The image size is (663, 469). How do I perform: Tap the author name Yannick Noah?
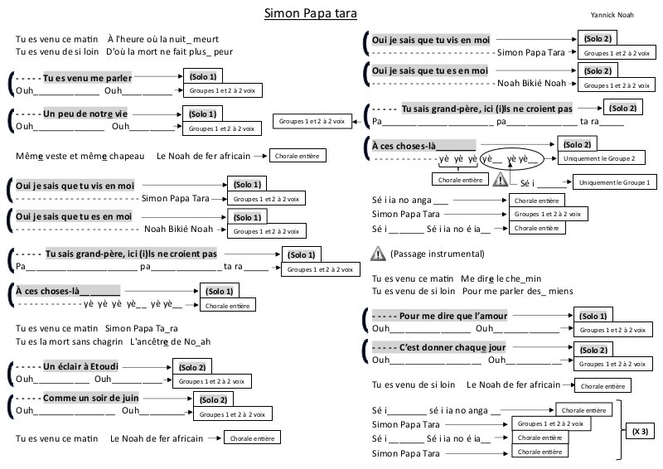[x=611, y=14]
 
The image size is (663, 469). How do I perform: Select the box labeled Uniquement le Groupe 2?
[x=599, y=157]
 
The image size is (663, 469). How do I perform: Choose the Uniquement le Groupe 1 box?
[x=612, y=181]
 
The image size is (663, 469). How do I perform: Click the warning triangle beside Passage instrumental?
[x=378, y=254]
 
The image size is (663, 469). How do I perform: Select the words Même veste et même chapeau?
[x=80, y=156]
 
